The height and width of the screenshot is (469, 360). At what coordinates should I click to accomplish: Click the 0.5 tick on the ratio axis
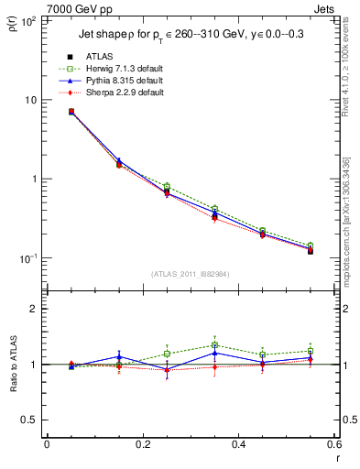32,420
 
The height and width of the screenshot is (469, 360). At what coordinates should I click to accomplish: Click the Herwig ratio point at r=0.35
214,345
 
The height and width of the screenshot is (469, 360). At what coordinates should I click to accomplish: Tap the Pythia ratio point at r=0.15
118,356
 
